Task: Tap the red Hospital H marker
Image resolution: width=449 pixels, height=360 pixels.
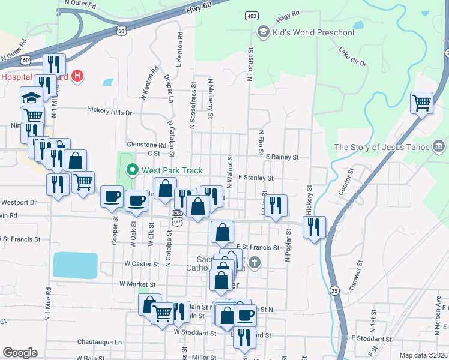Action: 77,76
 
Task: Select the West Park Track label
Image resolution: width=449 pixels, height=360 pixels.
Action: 172,170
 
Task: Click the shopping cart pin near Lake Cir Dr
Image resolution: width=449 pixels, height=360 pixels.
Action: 422,103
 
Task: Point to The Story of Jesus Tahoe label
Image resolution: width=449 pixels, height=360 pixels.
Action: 382,147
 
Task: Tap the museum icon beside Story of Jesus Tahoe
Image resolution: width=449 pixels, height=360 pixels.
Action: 438,146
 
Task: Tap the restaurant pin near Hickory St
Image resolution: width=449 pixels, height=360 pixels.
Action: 314,227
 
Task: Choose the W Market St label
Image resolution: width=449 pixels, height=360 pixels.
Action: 137,284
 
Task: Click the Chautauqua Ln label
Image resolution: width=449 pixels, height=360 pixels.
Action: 100,342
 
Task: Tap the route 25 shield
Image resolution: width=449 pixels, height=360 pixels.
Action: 334,290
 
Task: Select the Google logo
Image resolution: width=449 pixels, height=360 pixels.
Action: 20,353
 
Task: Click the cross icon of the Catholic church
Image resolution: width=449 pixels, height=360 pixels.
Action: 255,262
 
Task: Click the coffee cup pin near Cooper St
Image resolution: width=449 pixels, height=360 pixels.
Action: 112,197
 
